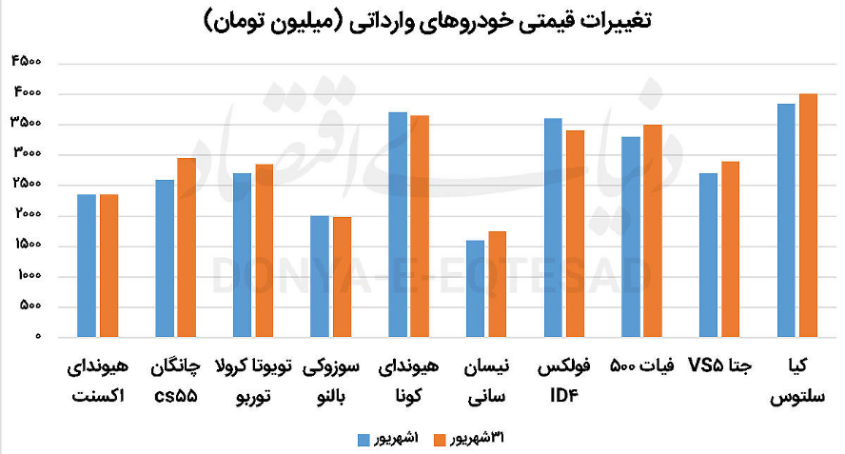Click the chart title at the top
[x=427, y=20]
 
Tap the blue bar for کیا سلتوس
[x=787, y=220]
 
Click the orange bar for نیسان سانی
[x=497, y=284]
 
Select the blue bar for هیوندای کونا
[x=398, y=225]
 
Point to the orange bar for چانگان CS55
[x=187, y=247]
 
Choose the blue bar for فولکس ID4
[x=554, y=227]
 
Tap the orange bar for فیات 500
[x=652, y=230]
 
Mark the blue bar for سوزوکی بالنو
[x=321, y=276]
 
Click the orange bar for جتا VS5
[x=730, y=249]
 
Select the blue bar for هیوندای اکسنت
[x=88, y=266]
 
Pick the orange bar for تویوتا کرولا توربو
[x=264, y=250]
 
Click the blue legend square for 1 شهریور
[x=363, y=439]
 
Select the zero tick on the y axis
[x=39, y=337]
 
